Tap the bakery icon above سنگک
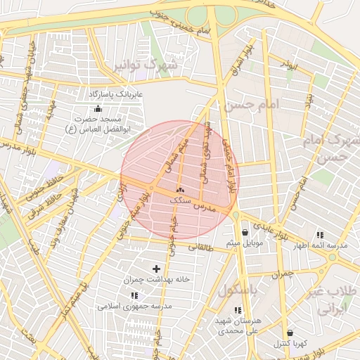pos(180,191)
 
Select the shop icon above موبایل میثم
pos(244,233)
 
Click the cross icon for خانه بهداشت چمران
pos(156,269)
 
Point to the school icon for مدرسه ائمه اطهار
pos(321,234)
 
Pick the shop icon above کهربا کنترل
pos(290,333)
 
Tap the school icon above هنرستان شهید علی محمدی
pos(238,310)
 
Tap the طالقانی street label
pos(205,247)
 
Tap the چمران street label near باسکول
pos(281,273)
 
